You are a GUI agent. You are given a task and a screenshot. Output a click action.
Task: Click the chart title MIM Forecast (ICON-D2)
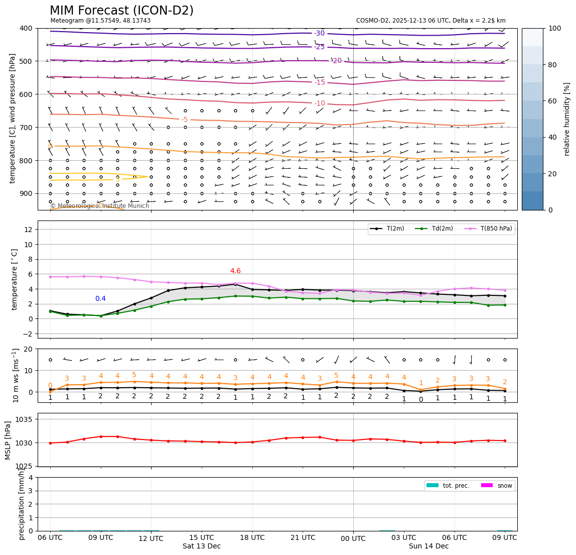[x=121, y=11]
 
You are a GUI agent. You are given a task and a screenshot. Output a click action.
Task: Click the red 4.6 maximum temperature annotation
[x=235, y=271]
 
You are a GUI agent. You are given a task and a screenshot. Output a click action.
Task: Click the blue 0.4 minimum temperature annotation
[x=100, y=299]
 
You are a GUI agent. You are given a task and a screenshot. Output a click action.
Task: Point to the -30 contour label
[x=319, y=34]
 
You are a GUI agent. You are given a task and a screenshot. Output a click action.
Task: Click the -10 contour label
[x=320, y=103]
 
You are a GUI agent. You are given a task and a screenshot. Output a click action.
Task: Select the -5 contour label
[x=184, y=120]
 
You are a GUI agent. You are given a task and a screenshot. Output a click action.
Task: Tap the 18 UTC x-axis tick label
[x=252, y=537]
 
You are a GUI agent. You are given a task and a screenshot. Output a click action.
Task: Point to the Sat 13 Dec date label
[x=202, y=546]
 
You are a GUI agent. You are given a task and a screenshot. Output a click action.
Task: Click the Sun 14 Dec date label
[x=428, y=546]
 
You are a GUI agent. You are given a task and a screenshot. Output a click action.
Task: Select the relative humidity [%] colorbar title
[x=567, y=119]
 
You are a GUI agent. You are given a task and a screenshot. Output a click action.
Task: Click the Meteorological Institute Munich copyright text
[x=100, y=206]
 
